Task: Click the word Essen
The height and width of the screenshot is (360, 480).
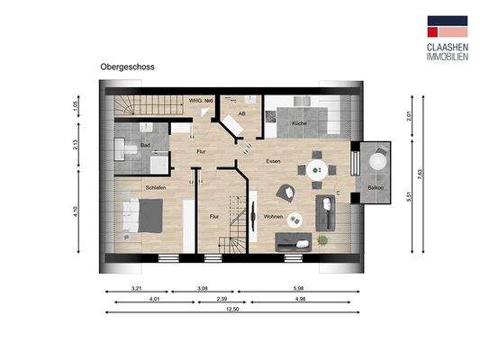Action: point(273,160)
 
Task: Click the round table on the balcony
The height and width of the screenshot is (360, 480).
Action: point(376,161)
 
